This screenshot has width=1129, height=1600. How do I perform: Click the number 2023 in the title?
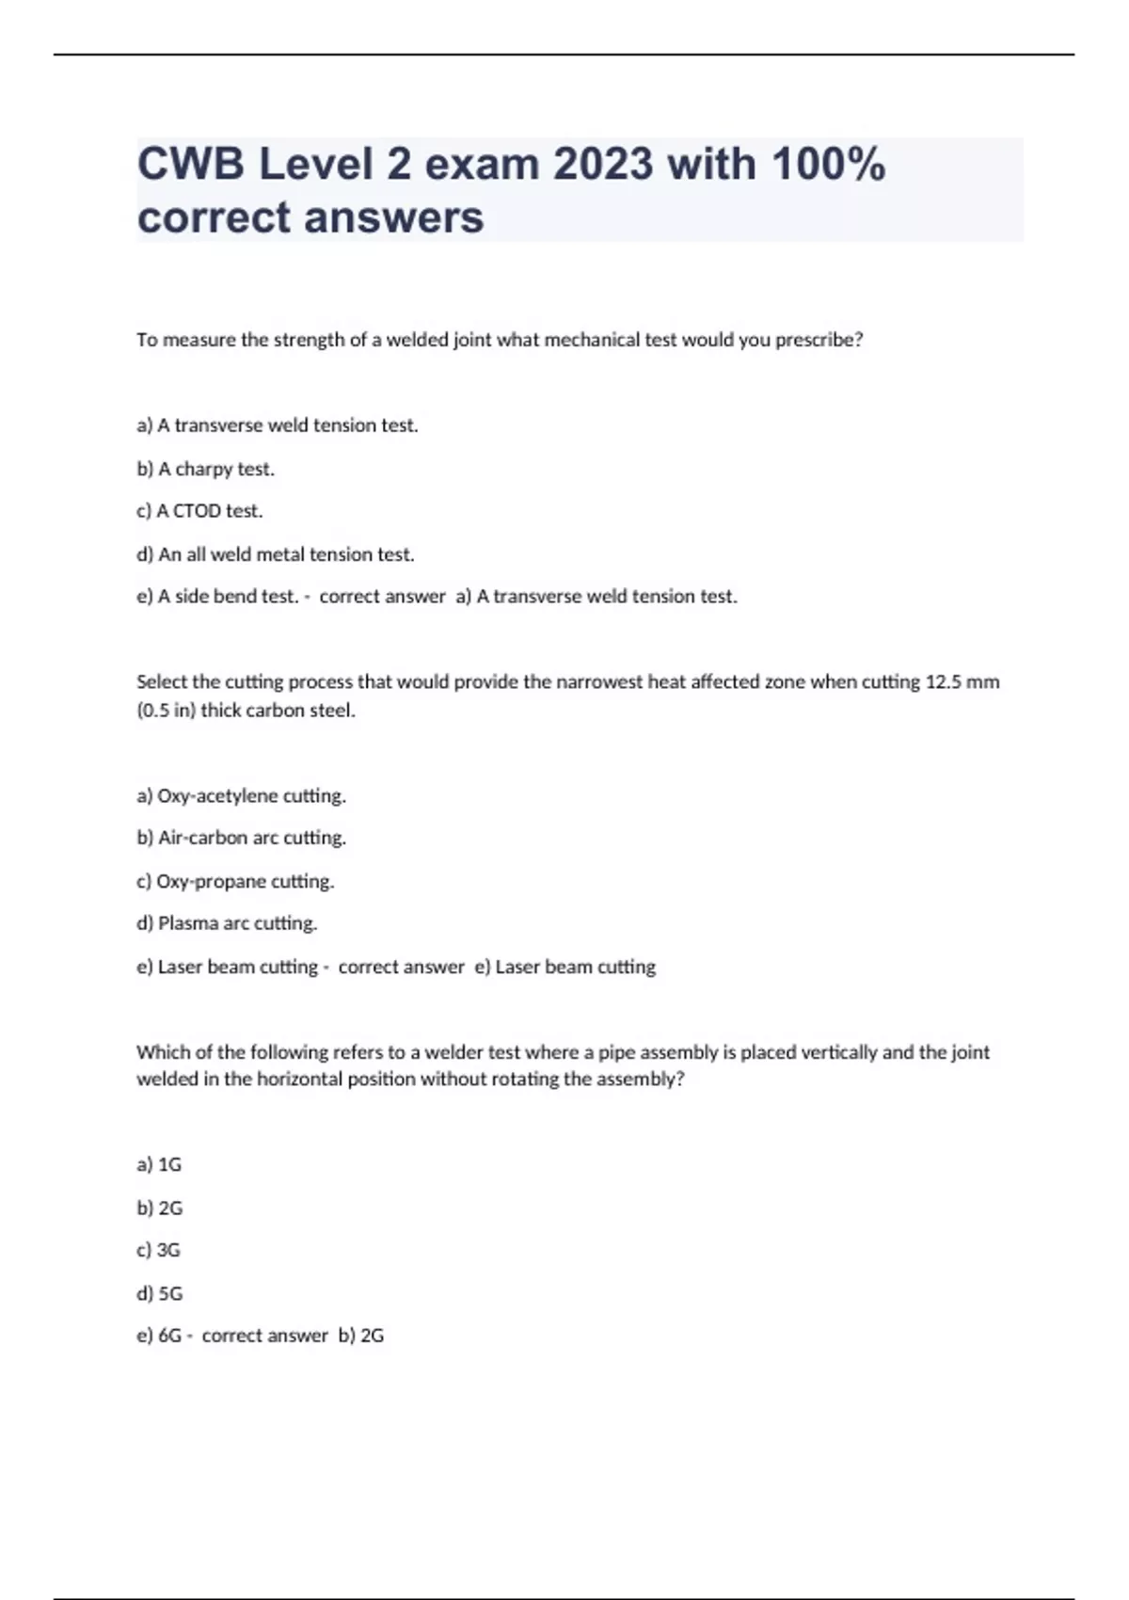(602, 165)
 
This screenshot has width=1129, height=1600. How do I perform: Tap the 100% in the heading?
(828, 165)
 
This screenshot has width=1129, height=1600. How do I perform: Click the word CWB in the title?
(191, 165)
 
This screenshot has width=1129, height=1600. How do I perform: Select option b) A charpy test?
(205, 469)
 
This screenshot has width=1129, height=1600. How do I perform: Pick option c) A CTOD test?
(199, 511)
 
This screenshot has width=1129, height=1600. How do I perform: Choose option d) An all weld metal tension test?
(275, 554)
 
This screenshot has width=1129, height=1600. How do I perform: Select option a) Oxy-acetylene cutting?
(241, 795)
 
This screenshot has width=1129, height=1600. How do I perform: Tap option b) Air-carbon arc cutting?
(241, 838)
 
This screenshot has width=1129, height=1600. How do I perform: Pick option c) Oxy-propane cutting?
(235, 881)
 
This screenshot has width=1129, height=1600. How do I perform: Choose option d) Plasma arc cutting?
(227, 923)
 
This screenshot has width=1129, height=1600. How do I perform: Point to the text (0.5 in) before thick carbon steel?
(166, 711)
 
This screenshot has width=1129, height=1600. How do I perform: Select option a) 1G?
(159, 1164)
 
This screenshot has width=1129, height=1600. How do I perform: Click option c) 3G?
(158, 1250)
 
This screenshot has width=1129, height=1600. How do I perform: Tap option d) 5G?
(159, 1293)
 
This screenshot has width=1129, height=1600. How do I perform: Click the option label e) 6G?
(159, 1336)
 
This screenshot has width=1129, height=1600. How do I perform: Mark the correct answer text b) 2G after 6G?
(361, 1336)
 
